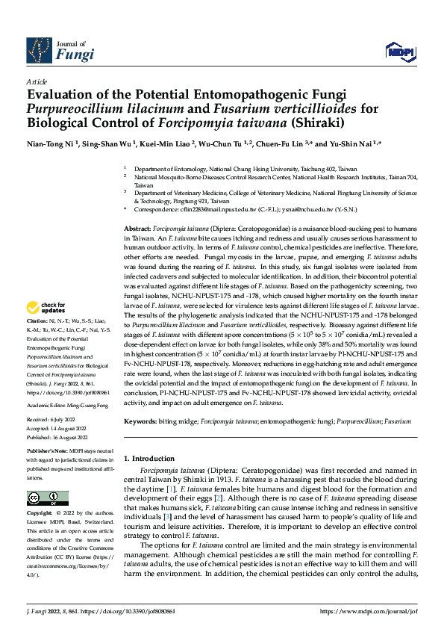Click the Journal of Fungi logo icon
point(39,50)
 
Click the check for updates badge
point(45,308)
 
